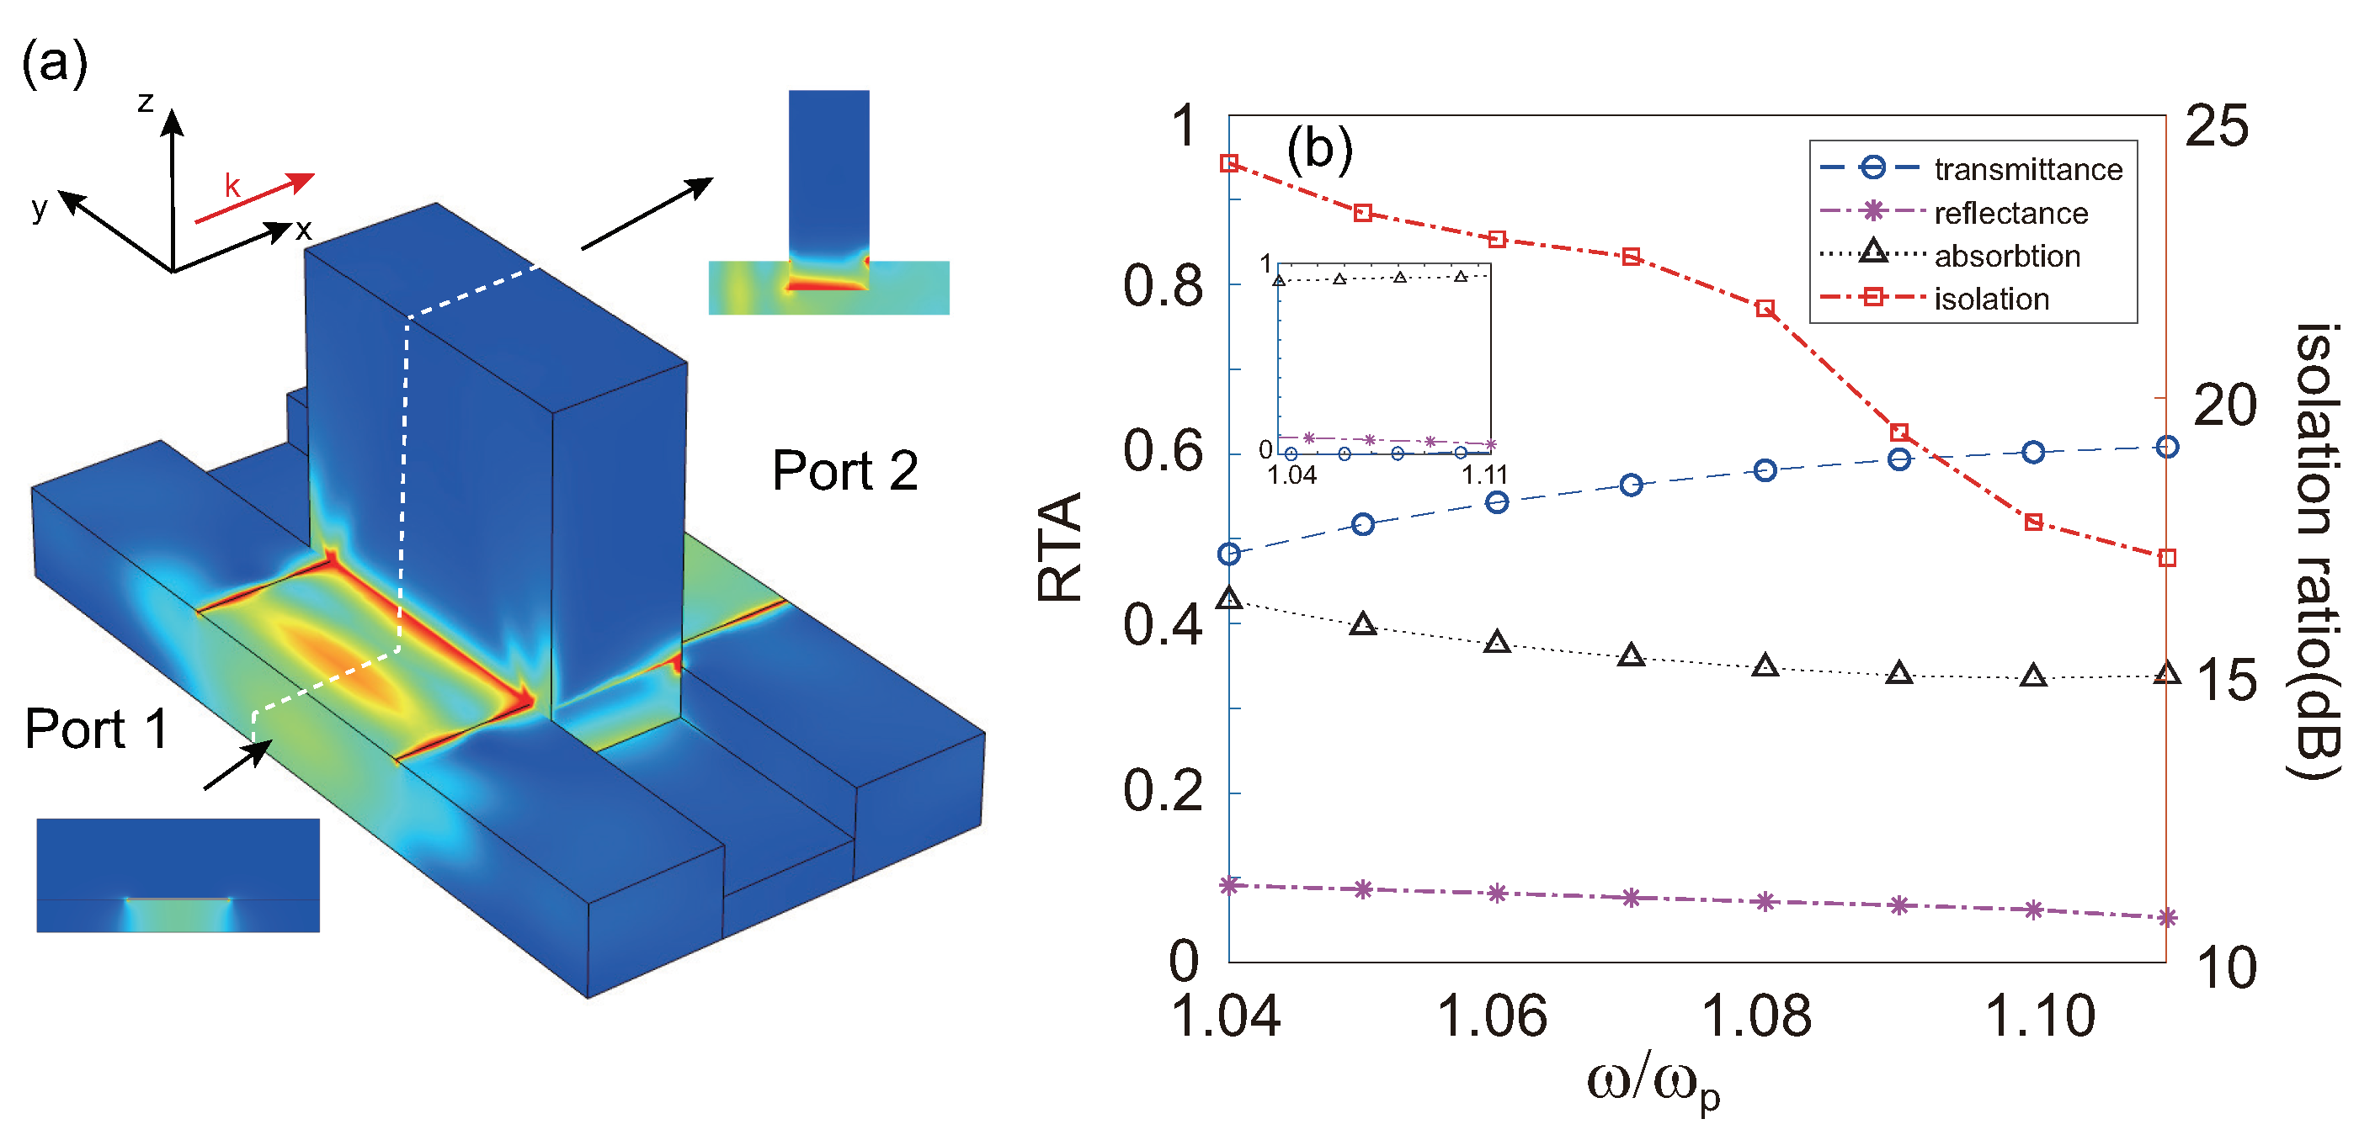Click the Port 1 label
pos(96,729)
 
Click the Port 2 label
pos(844,470)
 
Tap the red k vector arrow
pos(254,198)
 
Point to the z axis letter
pos(146,102)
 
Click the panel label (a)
pos(54,63)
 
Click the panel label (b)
pos(1318,148)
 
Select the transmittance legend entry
pos(2027,169)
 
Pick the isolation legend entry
pos(1991,300)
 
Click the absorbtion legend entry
pos(2006,257)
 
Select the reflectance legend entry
pos(2010,213)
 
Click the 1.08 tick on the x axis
pos(1755,1016)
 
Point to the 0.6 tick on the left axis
pos(1162,451)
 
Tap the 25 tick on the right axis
pos(2216,126)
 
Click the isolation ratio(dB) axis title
pos(2317,549)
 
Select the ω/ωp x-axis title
pos(1653,1085)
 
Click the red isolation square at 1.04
pos(1229,164)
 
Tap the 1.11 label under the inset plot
pos(1484,475)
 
